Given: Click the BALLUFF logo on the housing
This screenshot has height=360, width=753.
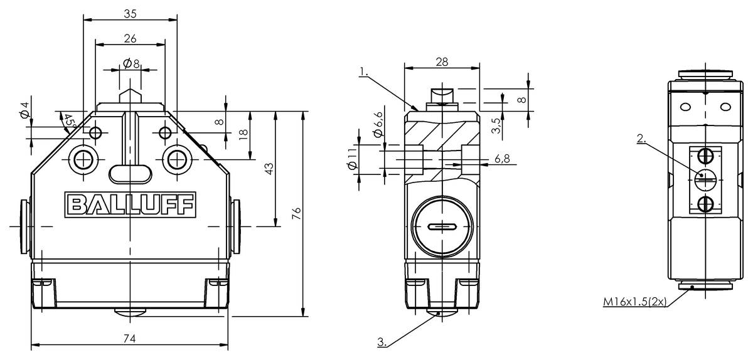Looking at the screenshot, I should pyautogui.click(x=130, y=204).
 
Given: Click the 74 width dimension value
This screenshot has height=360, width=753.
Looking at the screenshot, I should pyautogui.click(x=130, y=338).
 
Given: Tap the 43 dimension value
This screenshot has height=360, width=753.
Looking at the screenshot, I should pyautogui.click(x=269, y=169).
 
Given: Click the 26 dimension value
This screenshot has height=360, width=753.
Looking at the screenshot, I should pyautogui.click(x=130, y=38).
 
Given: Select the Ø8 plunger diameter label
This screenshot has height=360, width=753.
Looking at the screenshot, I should pyautogui.click(x=131, y=63).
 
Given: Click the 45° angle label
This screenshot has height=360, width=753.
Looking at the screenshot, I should pyautogui.click(x=69, y=121).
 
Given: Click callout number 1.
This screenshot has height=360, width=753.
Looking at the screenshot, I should pyautogui.click(x=364, y=71).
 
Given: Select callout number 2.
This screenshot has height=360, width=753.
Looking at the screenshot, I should pyautogui.click(x=641, y=139).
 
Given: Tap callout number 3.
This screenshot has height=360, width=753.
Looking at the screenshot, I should pyautogui.click(x=382, y=342).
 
